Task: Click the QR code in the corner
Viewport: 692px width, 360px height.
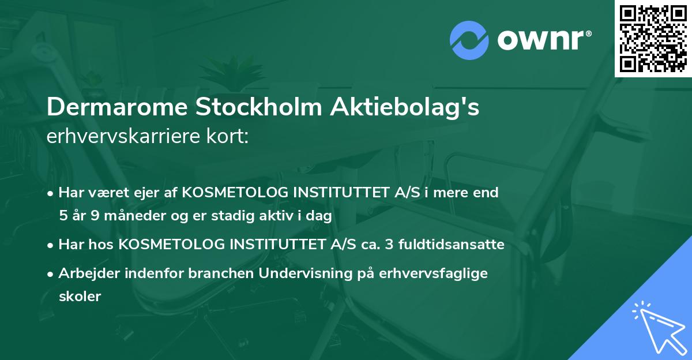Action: point(653,38)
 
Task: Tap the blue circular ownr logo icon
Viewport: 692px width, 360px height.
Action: point(469,40)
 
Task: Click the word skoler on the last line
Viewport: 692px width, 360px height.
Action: point(80,297)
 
